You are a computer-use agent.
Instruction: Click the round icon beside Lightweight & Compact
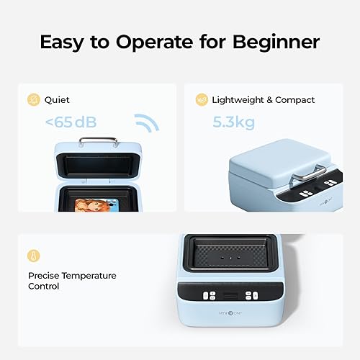tap(202, 100)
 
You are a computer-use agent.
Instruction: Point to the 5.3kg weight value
tap(234, 122)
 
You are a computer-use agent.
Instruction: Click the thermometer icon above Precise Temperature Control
tap(33, 256)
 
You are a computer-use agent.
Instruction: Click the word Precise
tap(44, 276)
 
